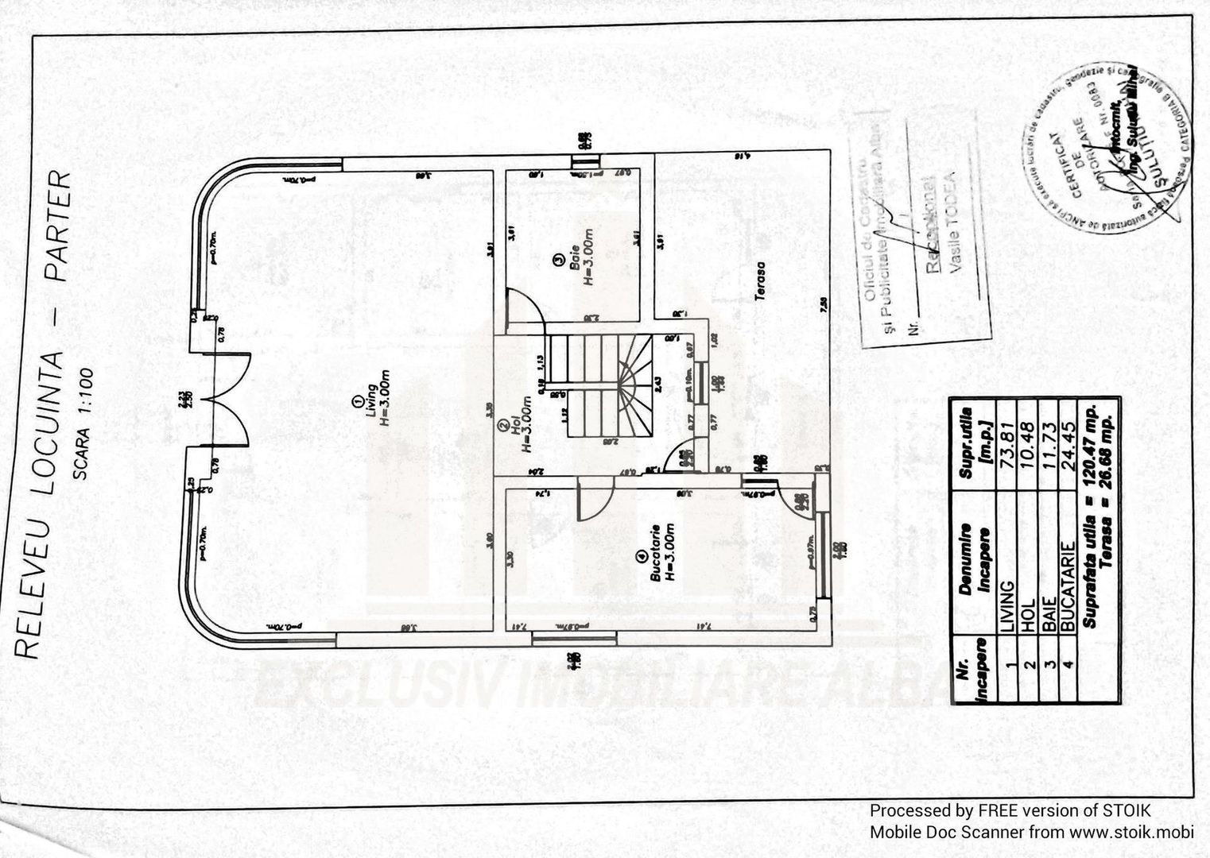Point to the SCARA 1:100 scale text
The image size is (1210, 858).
(83, 424)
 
